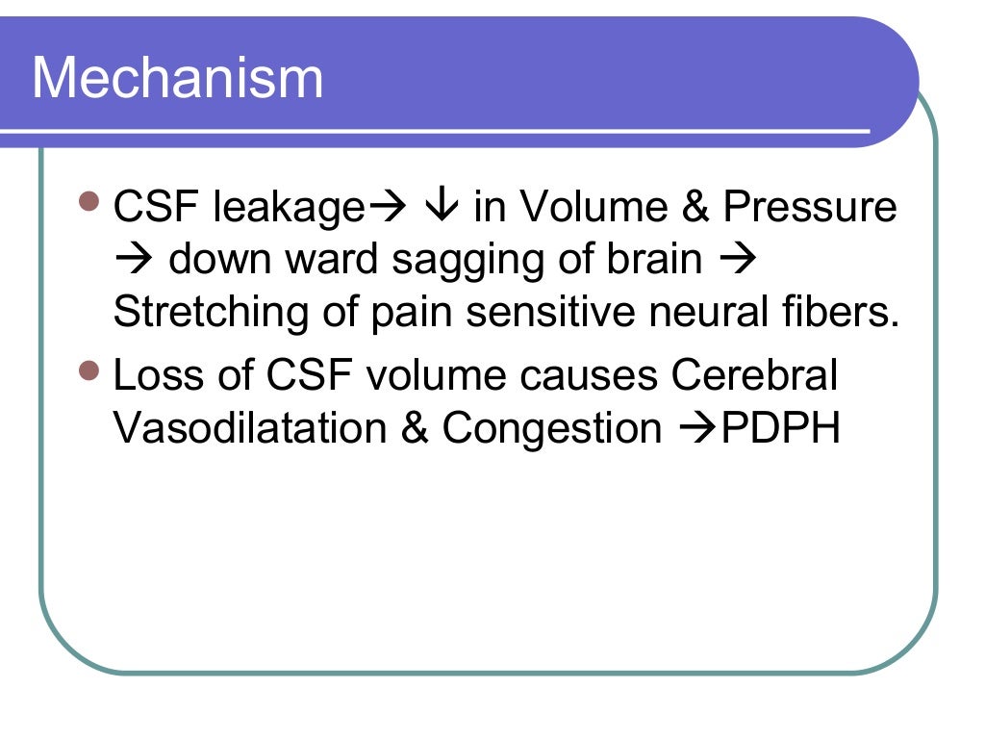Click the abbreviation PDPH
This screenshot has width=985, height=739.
pyautogui.click(x=780, y=429)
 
